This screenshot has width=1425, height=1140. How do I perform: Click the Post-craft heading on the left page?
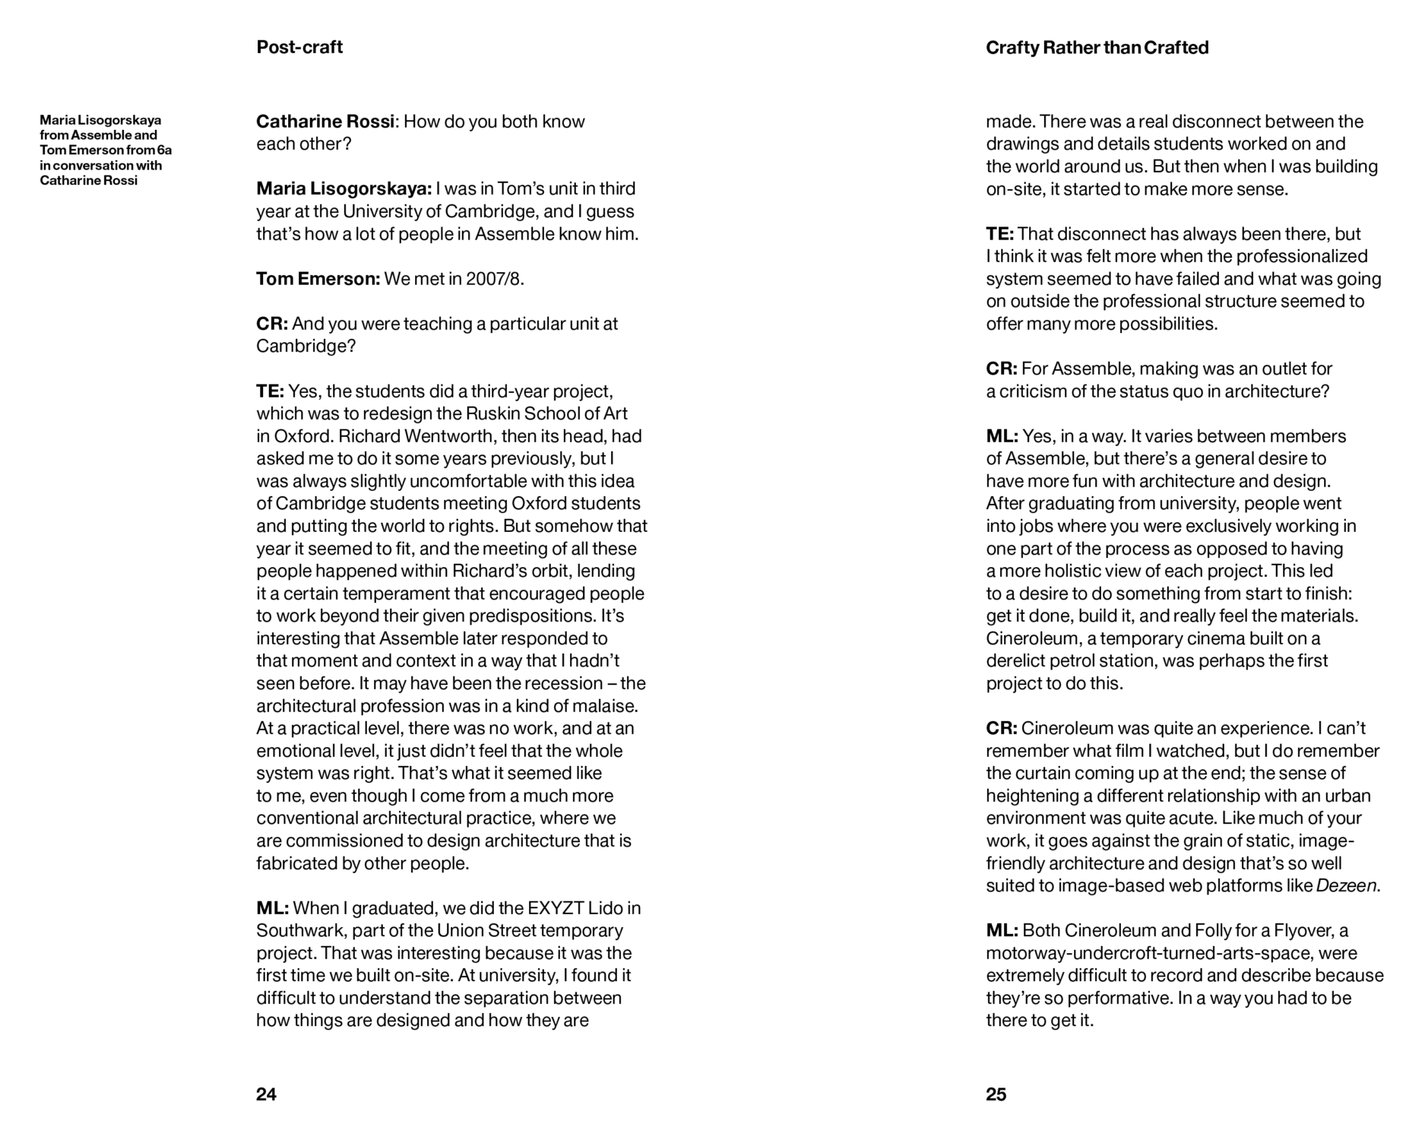click(299, 47)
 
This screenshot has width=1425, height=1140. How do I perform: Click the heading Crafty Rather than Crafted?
click(1097, 48)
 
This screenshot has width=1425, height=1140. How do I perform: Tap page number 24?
click(266, 1094)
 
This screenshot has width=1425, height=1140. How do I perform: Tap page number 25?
click(996, 1094)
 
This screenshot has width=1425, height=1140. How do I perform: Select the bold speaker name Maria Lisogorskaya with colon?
click(344, 188)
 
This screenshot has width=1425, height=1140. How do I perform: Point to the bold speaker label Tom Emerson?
click(318, 279)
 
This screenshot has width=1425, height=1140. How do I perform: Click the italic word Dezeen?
click(1347, 886)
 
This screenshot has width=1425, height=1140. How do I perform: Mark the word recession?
click(570, 683)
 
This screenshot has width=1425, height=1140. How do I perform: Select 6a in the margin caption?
click(164, 150)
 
